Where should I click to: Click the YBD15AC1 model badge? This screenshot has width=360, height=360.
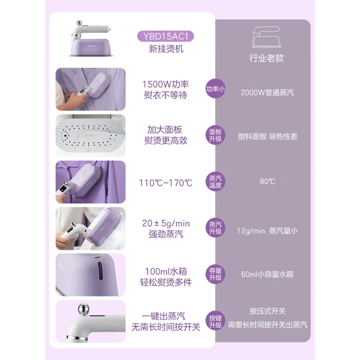[x=165, y=37]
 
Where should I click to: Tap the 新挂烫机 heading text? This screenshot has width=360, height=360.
[x=166, y=49]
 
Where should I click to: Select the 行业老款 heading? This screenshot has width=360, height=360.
[x=267, y=58]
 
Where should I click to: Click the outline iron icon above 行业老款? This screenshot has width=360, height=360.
[x=267, y=37]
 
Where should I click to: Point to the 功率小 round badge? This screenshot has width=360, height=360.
[x=215, y=89]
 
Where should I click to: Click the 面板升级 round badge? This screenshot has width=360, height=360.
[x=215, y=135]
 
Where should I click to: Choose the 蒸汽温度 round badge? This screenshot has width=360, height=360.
[x=215, y=182]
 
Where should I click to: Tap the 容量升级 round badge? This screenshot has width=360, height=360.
[x=215, y=274]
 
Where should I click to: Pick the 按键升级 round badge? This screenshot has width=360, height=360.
[x=215, y=321]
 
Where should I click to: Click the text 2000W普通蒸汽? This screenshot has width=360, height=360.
[x=267, y=92]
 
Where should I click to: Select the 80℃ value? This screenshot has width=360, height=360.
[x=268, y=182]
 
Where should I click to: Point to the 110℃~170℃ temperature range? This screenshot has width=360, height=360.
[x=165, y=183]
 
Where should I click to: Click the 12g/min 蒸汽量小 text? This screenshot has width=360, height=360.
[x=267, y=231]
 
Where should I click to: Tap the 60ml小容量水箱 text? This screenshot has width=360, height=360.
[x=267, y=274]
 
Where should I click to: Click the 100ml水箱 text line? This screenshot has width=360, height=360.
[x=166, y=271]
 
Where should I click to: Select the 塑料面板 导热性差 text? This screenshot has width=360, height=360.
[x=268, y=136]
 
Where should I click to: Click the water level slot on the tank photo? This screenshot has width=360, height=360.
[x=100, y=270]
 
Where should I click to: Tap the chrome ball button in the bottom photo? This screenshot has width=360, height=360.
[x=83, y=309]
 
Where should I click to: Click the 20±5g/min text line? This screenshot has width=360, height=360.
[x=166, y=224]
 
